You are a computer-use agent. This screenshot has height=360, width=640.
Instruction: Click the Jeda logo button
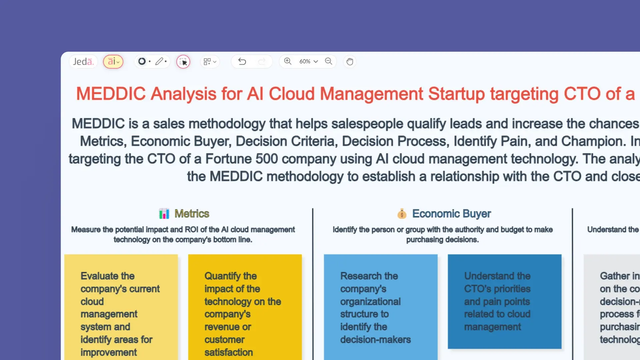pos(83,62)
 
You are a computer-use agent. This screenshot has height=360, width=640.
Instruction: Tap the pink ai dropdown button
pos(113,62)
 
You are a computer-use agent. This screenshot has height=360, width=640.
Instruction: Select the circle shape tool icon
pos(142,61)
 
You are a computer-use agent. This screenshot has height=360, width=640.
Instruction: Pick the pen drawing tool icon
pos(159,61)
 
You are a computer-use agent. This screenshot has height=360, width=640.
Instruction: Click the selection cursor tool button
pos(183,62)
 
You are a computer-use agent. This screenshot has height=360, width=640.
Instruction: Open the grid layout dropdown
pos(210,62)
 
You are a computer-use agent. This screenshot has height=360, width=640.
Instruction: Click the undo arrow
pos(242,61)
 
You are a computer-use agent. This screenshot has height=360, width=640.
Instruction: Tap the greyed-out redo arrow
pos(262,61)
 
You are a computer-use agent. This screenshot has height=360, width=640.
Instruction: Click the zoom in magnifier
pos(288,61)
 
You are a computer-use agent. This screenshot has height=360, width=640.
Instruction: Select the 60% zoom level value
pos(305,61)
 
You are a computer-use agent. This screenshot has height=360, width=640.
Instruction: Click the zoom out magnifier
pos(329,61)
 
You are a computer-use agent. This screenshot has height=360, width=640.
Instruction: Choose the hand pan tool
pos(350,62)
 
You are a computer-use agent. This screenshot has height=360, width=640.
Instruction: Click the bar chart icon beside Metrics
pos(164,214)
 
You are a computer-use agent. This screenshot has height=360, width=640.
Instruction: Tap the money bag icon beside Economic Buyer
pos(402,214)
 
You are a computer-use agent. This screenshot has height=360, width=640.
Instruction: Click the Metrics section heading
pos(192,214)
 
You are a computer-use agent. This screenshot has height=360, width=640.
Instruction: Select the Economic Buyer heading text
pos(451,214)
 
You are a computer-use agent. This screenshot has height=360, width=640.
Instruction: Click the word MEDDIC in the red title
pos(111,94)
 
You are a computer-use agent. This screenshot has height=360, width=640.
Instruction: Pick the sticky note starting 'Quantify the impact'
pos(245,307)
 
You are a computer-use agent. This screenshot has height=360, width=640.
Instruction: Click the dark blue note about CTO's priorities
pos(504,301)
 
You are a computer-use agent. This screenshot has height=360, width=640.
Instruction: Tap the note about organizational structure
pos(380,307)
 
